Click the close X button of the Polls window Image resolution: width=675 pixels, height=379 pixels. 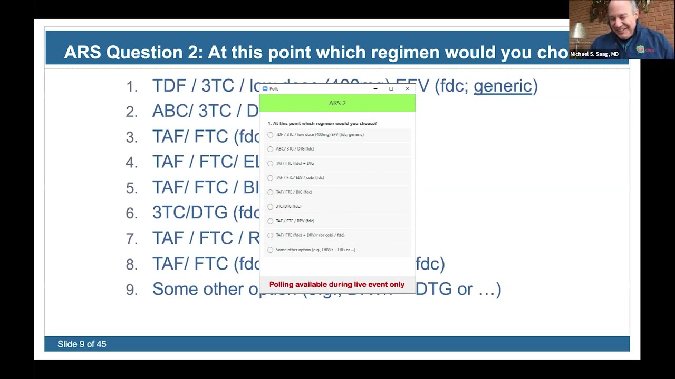pos(407,88)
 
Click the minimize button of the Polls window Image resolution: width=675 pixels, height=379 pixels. pos(375,88)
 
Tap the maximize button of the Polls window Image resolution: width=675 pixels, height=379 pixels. pos(391,88)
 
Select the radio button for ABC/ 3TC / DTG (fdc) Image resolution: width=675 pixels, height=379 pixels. pos(271,149)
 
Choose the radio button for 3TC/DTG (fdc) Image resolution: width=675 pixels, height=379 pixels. pos(271,206)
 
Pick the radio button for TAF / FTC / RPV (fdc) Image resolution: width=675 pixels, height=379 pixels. pos(271,221)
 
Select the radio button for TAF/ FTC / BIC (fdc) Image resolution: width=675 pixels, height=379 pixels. pos(271,192)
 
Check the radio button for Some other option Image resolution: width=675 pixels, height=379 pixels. pos(271,250)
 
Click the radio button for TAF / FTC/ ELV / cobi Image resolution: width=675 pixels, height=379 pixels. pos(271,178)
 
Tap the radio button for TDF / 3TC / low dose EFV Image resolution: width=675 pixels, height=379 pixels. pos(271,135)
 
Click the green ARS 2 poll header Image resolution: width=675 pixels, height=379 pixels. pos(337,103)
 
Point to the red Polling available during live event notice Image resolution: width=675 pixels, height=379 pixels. pos(337,284)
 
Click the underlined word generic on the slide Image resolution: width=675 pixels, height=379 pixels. pos(503,86)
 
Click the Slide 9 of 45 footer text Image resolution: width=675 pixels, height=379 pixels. pos(82,344)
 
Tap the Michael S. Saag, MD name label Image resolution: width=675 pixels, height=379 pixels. pos(594,54)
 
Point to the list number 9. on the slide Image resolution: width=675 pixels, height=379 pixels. pos(132,290)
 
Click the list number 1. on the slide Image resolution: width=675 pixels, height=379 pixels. pos(132,86)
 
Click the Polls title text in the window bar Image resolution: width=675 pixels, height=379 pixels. pos(274,88)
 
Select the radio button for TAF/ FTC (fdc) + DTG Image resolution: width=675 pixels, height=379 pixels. pos(271,163)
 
